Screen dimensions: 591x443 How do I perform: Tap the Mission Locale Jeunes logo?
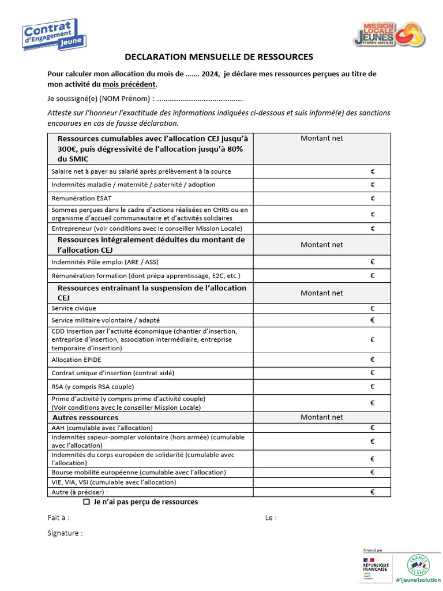tap(389, 34)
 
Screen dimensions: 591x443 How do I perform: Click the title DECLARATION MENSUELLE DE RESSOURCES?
tap(219, 57)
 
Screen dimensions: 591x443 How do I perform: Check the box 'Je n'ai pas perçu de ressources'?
tap(87, 502)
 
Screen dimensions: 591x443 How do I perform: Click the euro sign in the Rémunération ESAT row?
tap(373, 198)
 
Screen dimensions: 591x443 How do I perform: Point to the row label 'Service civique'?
tap(74, 308)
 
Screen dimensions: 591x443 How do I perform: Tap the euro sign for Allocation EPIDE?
tap(373, 360)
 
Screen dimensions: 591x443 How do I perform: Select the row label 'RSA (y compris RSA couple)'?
tap(92, 386)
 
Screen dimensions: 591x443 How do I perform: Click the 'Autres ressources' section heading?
tap(85, 417)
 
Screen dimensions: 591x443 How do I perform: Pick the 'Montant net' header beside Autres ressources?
tap(321, 417)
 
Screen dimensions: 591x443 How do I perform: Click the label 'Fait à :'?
tap(58, 518)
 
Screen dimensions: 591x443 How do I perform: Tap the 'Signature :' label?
tap(65, 533)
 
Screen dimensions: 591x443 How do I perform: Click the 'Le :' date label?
tap(271, 518)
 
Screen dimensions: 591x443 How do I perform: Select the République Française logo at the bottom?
tap(376, 566)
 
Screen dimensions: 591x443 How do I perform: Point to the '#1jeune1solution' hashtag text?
tap(418, 579)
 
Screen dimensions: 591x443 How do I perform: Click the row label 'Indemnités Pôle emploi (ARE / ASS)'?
tap(105, 262)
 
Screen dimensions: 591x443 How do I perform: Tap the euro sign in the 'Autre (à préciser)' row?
tap(373, 492)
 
